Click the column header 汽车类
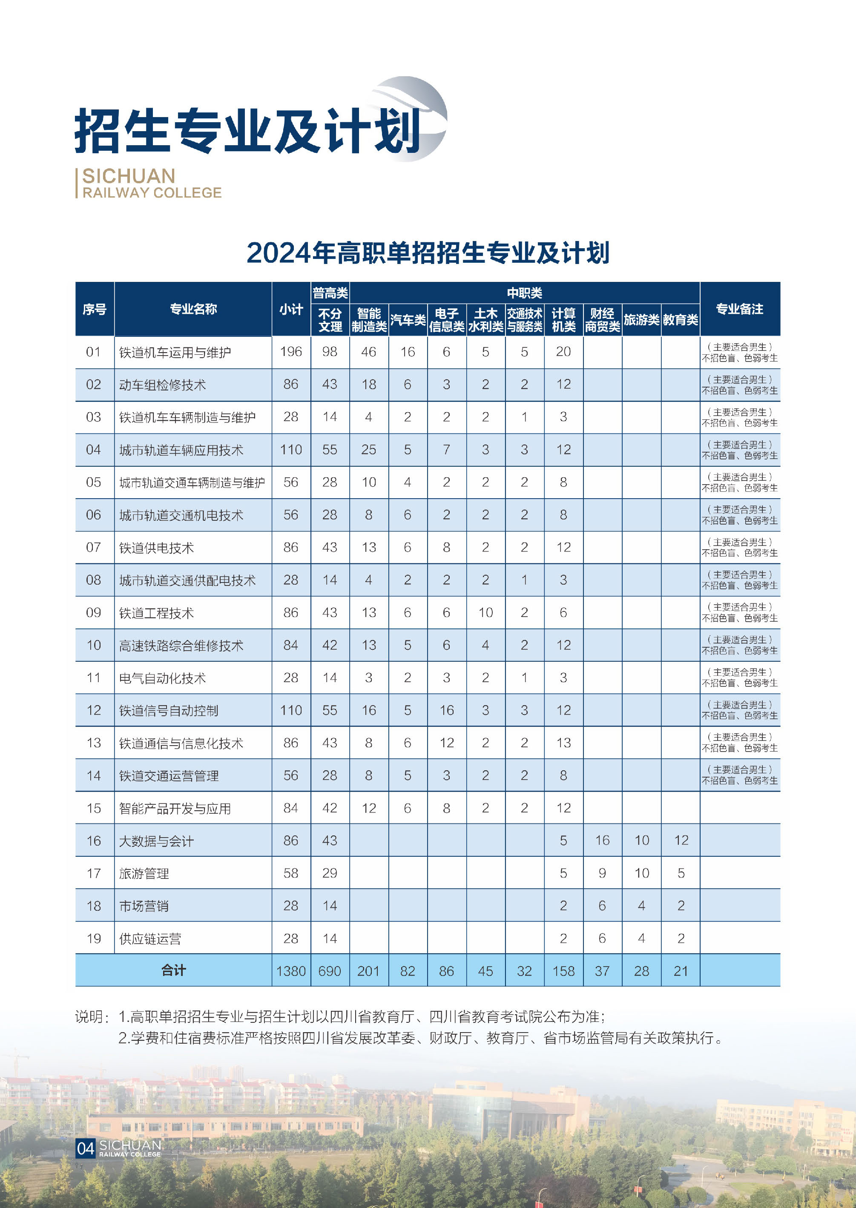[x=408, y=319]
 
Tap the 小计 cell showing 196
[x=291, y=352]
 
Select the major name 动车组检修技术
[x=162, y=385]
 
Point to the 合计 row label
[x=173, y=970]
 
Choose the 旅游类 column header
[x=641, y=319]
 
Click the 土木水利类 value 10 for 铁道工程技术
[x=485, y=612]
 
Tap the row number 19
[x=94, y=938]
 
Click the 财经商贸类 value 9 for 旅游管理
[x=602, y=873]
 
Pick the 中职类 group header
[x=524, y=293]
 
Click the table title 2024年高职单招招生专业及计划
[x=428, y=253]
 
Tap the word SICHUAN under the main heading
[x=129, y=176]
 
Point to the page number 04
[x=86, y=1148]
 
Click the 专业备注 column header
[x=739, y=309]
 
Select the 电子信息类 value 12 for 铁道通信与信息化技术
[x=446, y=743]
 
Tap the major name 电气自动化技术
[x=162, y=678]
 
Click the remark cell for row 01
[x=739, y=352]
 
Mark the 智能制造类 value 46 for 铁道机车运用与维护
[x=368, y=352]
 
